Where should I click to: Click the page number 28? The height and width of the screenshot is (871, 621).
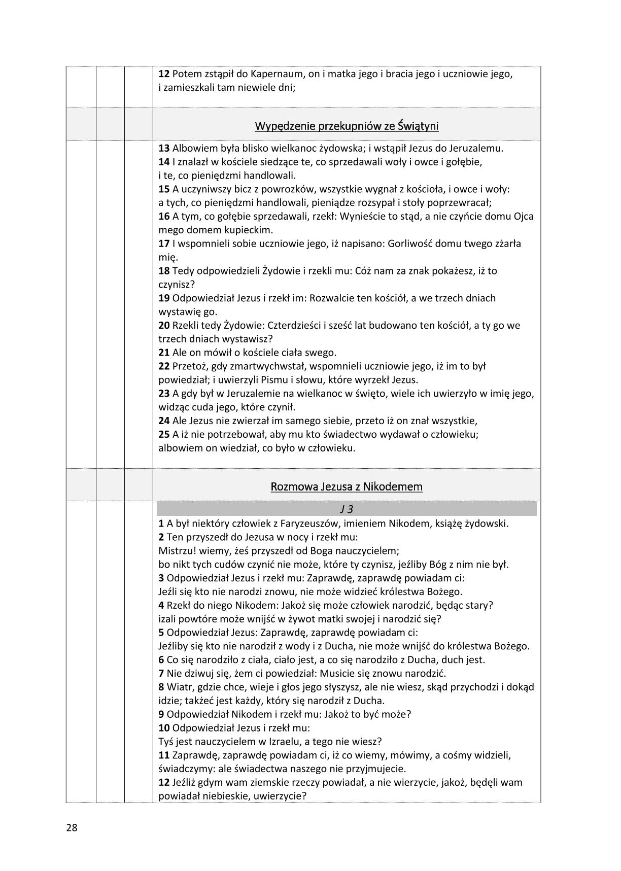coord(71,828)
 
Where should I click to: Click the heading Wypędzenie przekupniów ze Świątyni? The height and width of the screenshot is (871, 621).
coord(347,125)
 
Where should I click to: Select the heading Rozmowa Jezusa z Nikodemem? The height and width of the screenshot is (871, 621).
coord(347,486)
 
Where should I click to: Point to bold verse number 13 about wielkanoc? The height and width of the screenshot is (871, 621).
coord(164,149)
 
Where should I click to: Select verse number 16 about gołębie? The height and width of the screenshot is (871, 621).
coord(164,217)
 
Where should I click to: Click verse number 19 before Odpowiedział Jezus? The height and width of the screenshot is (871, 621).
coord(164,298)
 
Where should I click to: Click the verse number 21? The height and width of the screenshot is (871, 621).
coord(164,353)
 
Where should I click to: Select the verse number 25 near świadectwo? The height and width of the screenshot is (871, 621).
coord(164,434)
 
